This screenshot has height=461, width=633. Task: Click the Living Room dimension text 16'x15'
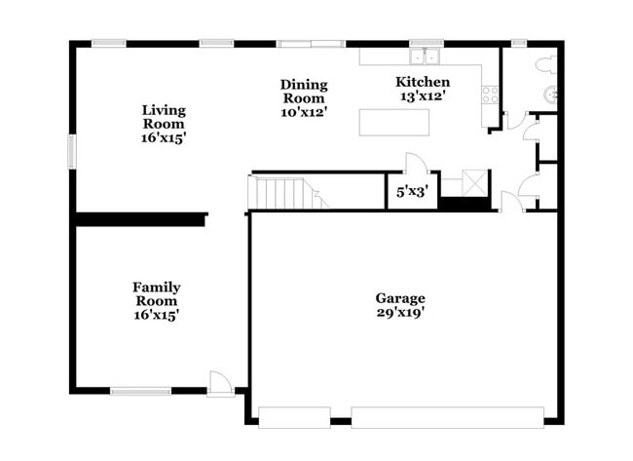click(x=163, y=138)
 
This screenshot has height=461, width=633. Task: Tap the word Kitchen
click(x=422, y=82)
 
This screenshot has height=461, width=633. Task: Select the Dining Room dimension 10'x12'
click(x=304, y=112)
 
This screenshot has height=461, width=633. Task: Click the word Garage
click(x=400, y=297)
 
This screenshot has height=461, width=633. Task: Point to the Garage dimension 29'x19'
click(x=400, y=313)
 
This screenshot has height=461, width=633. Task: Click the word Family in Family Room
click(x=156, y=287)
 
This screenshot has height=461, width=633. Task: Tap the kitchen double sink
click(x=426, y=56)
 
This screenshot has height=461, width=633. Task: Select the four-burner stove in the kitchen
click(x=490, y=95)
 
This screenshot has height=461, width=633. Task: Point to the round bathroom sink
click(x=551, y=95)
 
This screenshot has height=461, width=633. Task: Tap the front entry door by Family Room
click(x=221, y=382)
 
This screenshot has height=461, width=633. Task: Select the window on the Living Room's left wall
click(x=71, y=151)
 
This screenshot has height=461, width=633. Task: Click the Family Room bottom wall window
click(x=140, y=392)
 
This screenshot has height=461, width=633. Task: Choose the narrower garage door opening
click(x=294, y=417)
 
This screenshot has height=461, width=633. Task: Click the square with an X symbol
click(x=475, y=183)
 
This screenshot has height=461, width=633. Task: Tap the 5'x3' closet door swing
click(x=416, y=163)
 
